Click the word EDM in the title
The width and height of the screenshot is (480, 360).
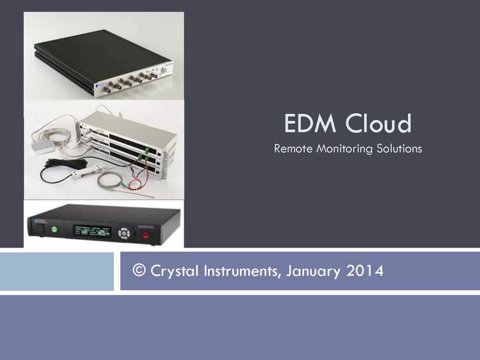click(310, 123)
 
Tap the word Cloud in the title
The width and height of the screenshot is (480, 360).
click(378, 123)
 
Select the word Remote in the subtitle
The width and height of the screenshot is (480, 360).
click(293, 148)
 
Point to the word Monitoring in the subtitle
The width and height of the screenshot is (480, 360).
click(344, 149)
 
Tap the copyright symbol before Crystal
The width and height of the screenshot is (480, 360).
click(139, 270)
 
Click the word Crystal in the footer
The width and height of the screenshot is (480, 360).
click(175, 271)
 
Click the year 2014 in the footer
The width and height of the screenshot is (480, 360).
click(365, 270)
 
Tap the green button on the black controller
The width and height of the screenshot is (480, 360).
click(54, 230)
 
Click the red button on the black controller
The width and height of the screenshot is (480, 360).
click(146, 235)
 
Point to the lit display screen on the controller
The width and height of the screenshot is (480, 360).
click(92, 231)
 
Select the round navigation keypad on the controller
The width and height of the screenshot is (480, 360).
click(124, 233)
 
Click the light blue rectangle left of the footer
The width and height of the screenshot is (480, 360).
click(56, 271)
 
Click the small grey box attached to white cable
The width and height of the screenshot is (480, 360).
click(42, 148)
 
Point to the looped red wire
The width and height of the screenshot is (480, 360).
click(137, 180)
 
